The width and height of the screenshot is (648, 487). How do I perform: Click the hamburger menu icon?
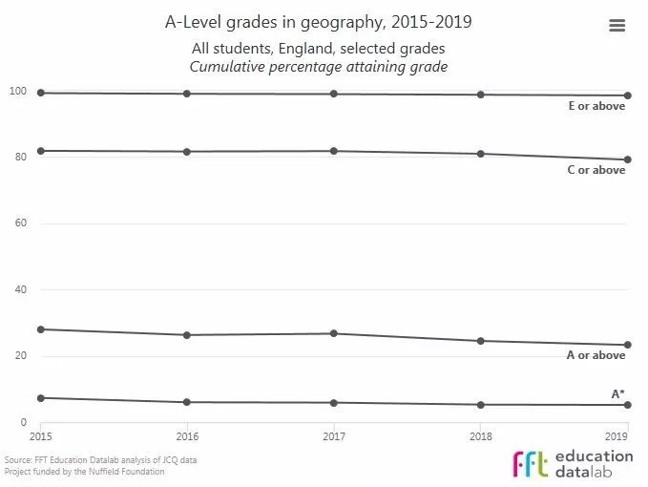(617, 26)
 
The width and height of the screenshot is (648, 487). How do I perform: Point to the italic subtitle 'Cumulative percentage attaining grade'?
(319, 66)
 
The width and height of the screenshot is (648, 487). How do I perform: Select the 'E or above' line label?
(596, 106)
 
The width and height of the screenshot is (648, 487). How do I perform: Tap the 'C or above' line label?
(596, 170)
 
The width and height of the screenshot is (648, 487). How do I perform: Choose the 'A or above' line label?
(596, 355)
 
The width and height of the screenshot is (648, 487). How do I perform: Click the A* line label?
(617, 393)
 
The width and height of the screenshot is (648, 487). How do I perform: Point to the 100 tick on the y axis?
(17, 91)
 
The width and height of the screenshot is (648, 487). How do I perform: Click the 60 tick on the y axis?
(19, 223)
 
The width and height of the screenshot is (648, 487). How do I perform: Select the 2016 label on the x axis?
(187, 435)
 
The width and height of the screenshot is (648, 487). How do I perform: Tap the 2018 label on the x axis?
(480, 435)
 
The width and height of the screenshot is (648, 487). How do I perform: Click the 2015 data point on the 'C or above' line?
(41, 151)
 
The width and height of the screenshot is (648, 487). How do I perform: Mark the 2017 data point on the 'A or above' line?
(333, 333)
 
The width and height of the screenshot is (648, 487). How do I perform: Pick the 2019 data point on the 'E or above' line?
(627, 95)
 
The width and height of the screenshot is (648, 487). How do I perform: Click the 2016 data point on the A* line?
(187, 402)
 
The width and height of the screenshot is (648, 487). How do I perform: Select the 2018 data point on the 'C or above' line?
(480, 154)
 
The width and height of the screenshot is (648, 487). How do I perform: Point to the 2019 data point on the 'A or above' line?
(627, 345)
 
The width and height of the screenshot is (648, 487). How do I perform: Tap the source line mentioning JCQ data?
(100, 459)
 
